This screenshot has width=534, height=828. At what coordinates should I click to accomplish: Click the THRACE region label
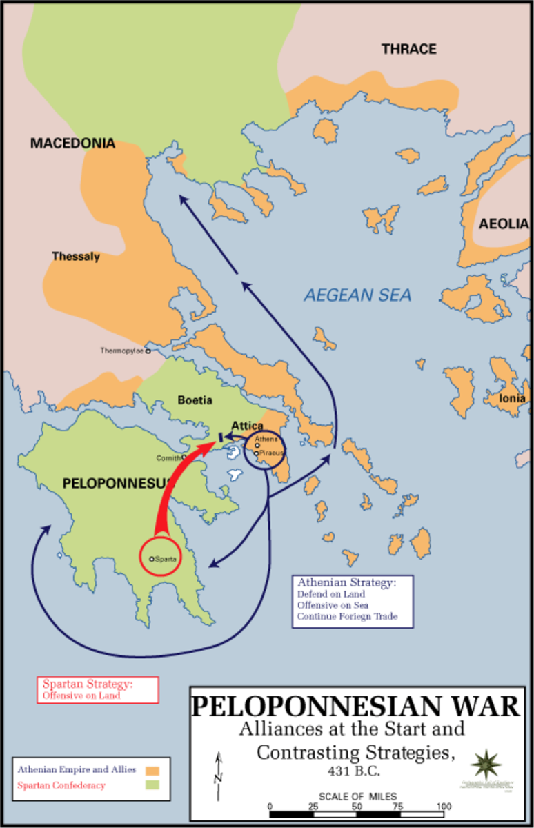409,49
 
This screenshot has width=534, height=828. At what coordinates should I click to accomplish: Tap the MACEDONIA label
72,144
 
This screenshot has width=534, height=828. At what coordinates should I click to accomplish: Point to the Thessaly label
76,257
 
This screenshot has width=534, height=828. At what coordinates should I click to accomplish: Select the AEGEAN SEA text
357,296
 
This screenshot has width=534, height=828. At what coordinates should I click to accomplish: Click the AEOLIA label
504,224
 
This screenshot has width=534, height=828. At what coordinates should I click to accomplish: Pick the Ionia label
513,398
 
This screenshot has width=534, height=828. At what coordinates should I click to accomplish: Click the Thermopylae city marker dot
148,351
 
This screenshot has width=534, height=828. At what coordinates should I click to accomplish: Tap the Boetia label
195,400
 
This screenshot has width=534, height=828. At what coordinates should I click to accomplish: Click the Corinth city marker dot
184,457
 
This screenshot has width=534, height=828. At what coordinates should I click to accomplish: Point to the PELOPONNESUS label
117,484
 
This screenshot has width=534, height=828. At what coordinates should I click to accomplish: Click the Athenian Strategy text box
353,600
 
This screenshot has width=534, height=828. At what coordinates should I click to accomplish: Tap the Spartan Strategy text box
97,689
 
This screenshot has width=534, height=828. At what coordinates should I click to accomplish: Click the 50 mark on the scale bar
357,806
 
